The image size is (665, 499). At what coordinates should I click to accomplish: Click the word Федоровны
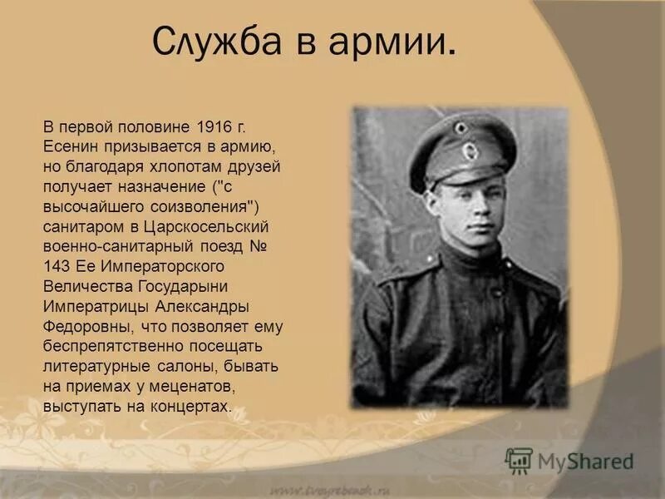coord(83,327)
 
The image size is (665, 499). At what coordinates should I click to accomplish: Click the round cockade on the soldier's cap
coord(470,151)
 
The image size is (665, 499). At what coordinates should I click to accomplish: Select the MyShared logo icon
coord(519,459)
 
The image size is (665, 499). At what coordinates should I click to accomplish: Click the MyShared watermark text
coord(585,460)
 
